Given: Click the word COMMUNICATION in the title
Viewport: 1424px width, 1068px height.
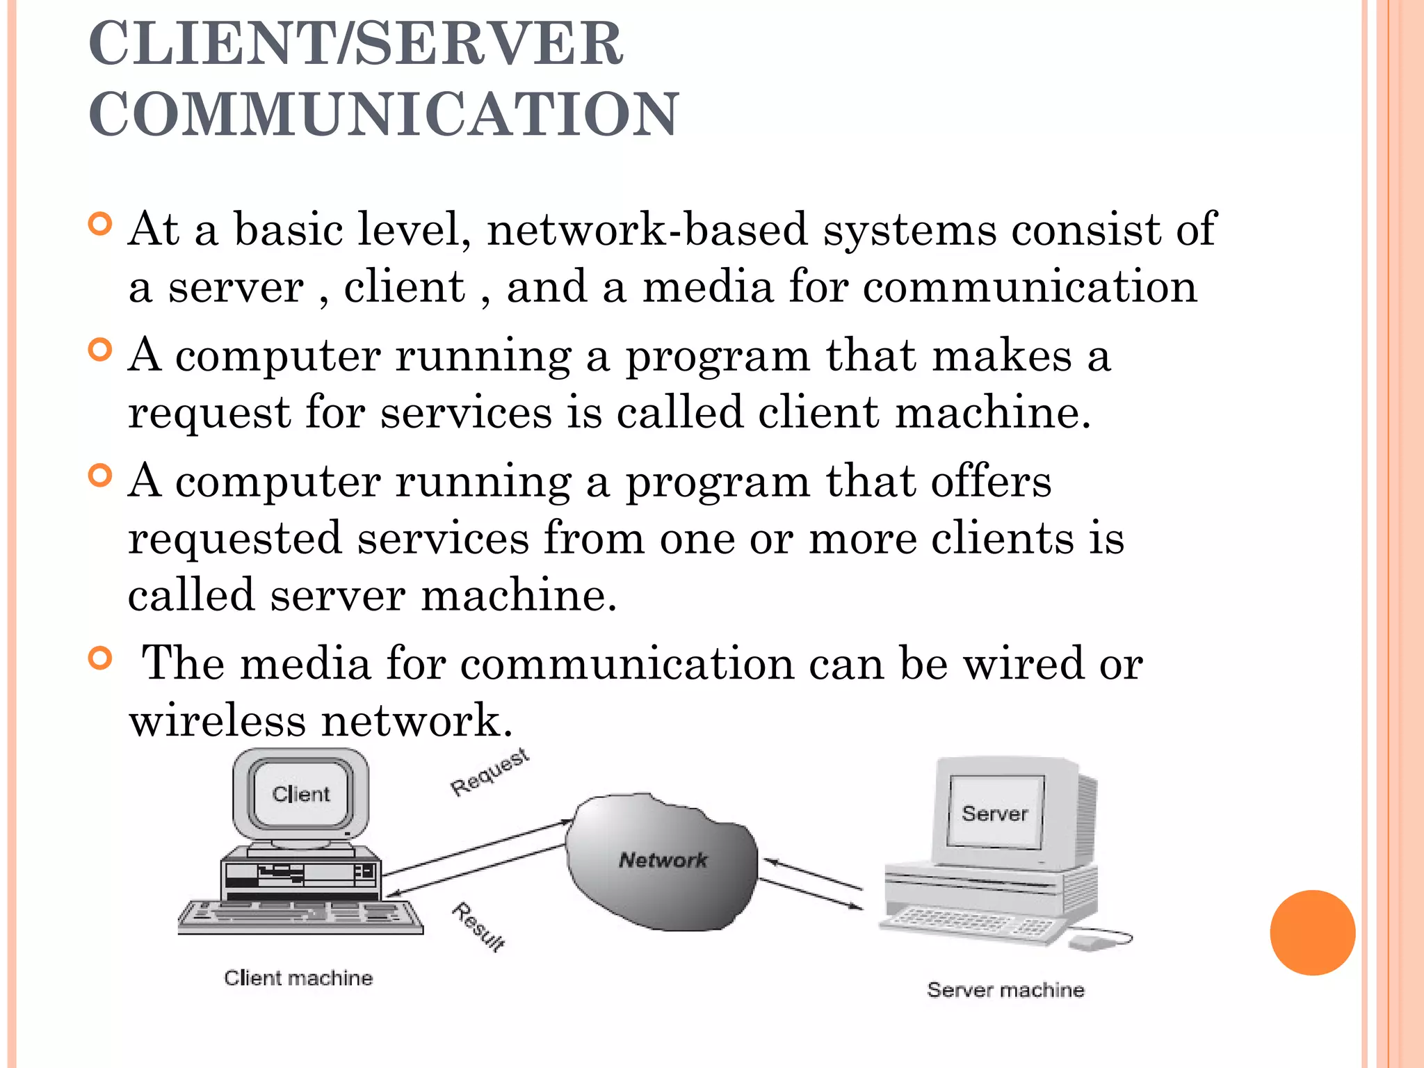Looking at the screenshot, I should coord(383,114).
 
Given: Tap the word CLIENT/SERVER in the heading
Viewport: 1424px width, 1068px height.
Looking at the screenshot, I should coord(356,43).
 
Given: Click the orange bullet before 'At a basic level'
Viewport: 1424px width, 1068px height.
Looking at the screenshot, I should coord(101,225).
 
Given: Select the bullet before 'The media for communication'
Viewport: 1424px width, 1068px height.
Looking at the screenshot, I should coord(101,658).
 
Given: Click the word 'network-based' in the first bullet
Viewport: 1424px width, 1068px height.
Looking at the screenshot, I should coord(647,229).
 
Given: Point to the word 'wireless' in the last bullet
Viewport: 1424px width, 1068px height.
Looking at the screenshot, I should coord(217,720).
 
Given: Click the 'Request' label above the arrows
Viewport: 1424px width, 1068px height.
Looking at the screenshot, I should coord(489,772).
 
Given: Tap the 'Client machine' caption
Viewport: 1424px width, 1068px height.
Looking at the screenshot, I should coord(298,978).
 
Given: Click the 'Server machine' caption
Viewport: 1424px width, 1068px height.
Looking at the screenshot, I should coord(1005,989).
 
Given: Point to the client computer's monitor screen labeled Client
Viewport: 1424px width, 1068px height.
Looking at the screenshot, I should coord(301,794).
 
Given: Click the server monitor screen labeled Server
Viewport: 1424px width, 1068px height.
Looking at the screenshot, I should coord(995,813).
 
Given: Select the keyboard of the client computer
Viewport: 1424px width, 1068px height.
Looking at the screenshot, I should coord(300,916).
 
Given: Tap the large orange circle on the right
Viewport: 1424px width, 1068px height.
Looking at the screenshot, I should coord(1312,932).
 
